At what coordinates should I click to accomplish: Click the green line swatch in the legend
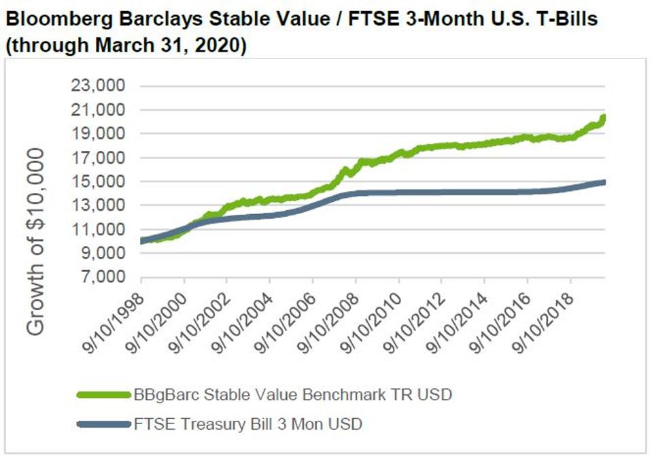click(x=103, y=395)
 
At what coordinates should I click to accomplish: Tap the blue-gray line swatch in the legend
click(x=103, y=425)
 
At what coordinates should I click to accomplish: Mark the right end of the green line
click(x=604, y=117)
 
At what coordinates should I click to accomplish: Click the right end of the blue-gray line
click(x=604, y=182)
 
